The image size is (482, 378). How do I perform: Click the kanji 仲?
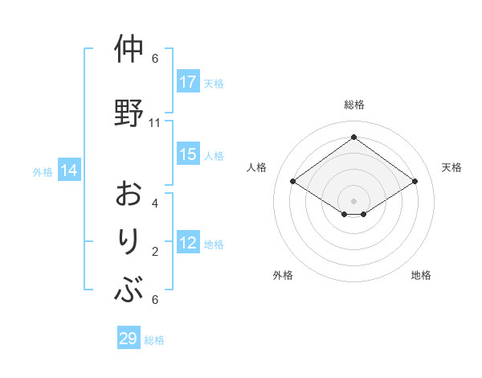tap(129, 50)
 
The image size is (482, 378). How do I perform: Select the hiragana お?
tap(129, 195)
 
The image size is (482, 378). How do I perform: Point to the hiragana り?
tap(129, 242)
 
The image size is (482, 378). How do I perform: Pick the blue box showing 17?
tap(188, 82)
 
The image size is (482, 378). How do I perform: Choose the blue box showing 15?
tap(188, 155)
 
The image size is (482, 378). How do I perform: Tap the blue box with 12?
tap(188, 244)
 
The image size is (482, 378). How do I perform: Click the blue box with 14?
tap(69, 171)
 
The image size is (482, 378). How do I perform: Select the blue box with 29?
tap(129, 339)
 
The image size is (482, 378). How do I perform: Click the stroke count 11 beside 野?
tap(155, 123)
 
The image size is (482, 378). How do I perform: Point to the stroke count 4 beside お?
tap(155, 203)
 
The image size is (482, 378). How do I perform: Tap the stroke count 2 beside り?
tap(155, 252)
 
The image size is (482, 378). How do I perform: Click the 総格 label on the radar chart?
tap(353, 105)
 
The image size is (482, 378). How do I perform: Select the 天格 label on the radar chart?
tap(451, 167)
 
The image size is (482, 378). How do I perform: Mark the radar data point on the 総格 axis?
tap(353, 137)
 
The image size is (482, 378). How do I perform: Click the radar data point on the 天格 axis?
tap(415, 182)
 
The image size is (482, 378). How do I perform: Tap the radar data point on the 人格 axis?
tap(293, 182)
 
